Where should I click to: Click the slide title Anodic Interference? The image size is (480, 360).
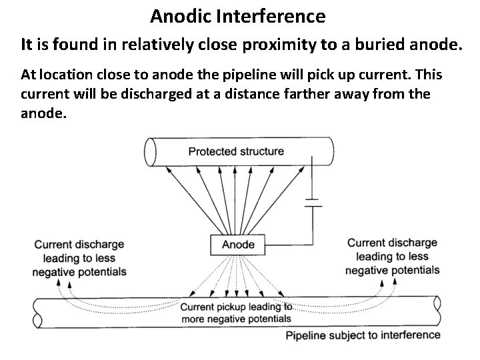tap(238, 15)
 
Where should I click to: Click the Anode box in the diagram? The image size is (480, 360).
tap(238, 244)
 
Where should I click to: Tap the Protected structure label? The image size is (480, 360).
tap(236, 151)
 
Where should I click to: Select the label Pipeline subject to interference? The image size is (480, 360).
tap(363, 335)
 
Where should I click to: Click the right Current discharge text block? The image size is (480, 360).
tap(393, 256)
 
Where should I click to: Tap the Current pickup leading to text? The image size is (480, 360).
tap(236, 307)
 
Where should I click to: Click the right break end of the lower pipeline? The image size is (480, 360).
tap(437, 313)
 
